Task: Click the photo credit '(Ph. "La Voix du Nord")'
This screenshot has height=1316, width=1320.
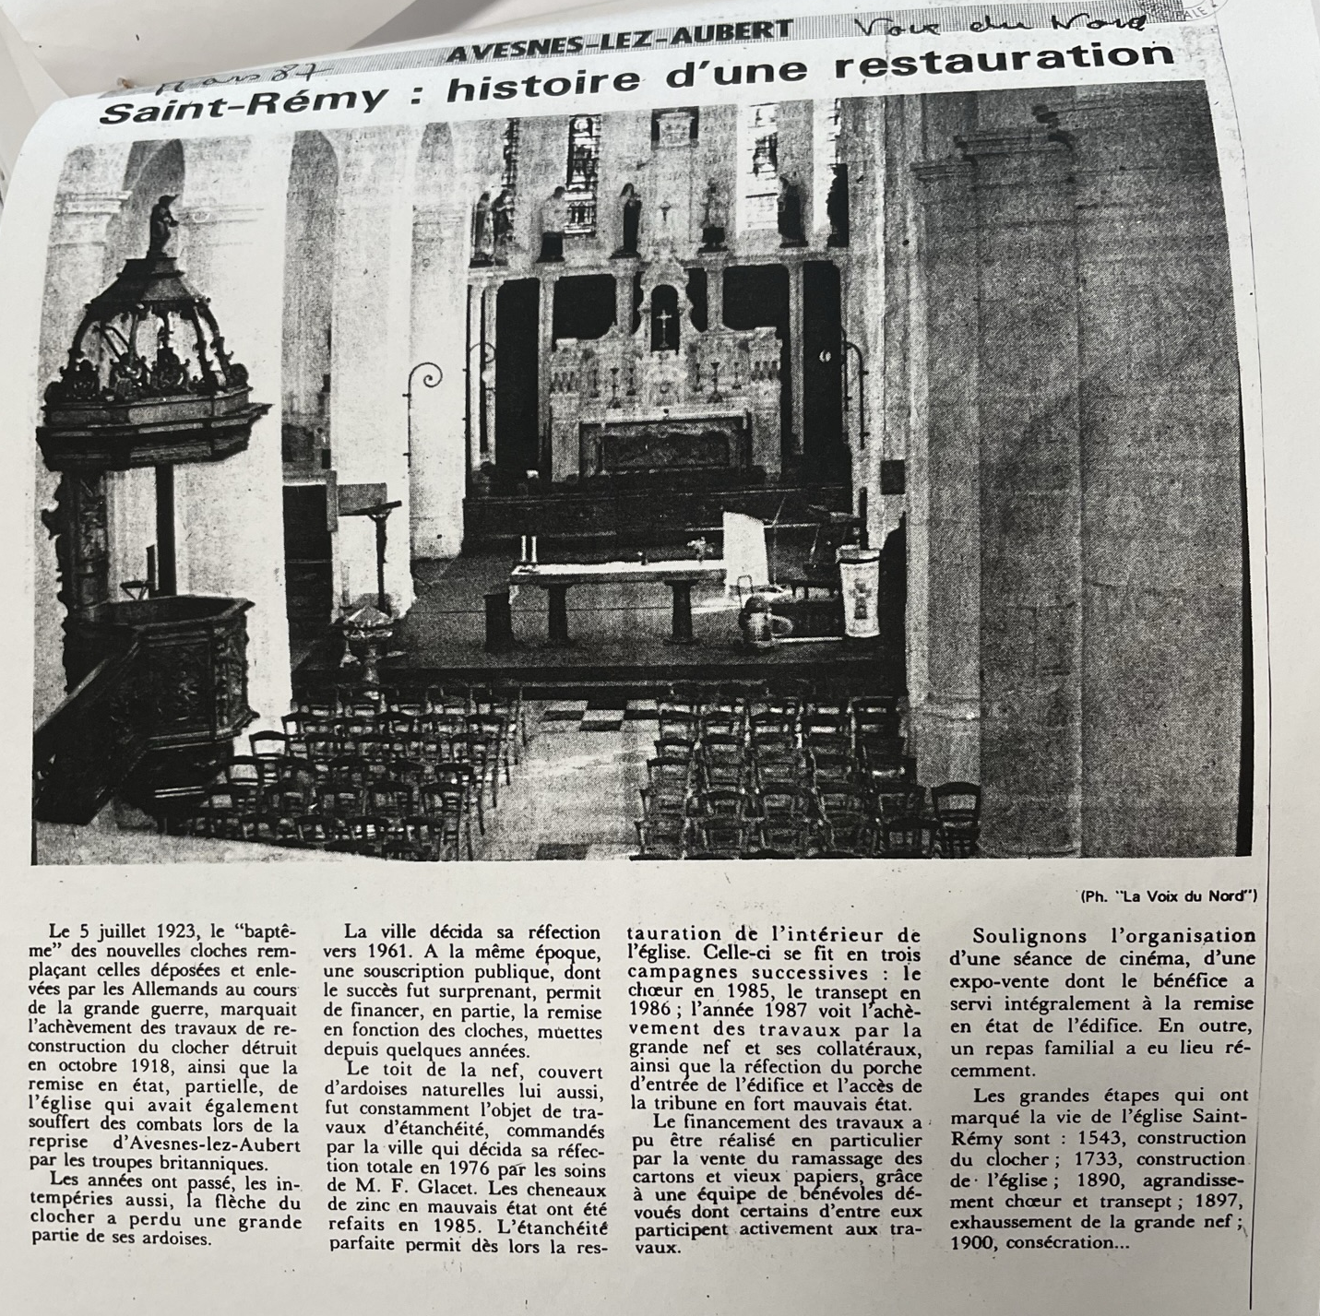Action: coord(1166,895)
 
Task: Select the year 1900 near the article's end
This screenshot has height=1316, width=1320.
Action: coord(974,1243)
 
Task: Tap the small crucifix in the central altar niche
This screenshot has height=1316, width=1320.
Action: coord(661,324)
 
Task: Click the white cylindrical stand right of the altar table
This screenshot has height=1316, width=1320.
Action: coord(857,590)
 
